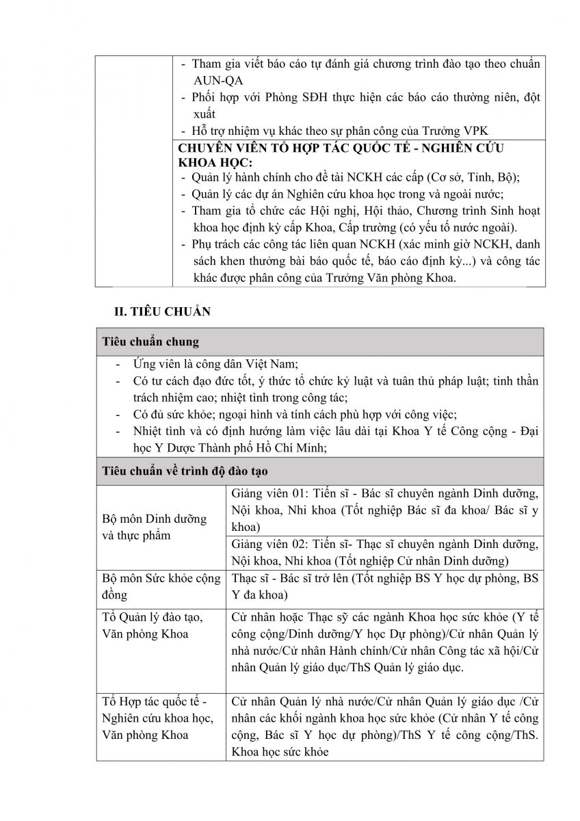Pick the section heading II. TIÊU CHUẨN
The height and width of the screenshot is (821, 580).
[x=162, y=312]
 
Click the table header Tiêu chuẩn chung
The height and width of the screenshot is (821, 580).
[x=151, y=341]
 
